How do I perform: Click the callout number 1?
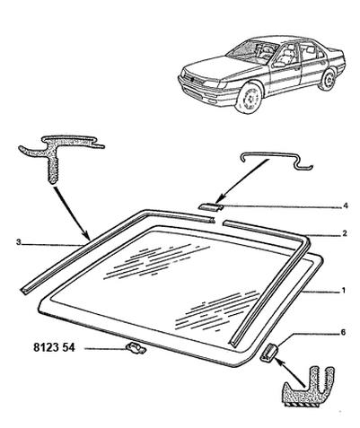[x=344, y=290]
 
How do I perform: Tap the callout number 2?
[x=345, y=233]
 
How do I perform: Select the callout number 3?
[x=19, y=242]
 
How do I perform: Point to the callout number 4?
[x=346, y=205]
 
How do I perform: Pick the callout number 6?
[x=343, y=332]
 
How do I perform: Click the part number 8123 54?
[x=54, y=348]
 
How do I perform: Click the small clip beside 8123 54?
[x=136, y=349]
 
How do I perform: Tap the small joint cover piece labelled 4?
[x=211, y=206]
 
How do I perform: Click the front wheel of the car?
[x=249, y=98]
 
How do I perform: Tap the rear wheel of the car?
[x=328, y=80]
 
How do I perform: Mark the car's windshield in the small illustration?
[x=252, y=51]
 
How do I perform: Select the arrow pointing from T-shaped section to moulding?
[x=72, y=214]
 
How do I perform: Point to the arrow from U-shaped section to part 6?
[x=289, y=371]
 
